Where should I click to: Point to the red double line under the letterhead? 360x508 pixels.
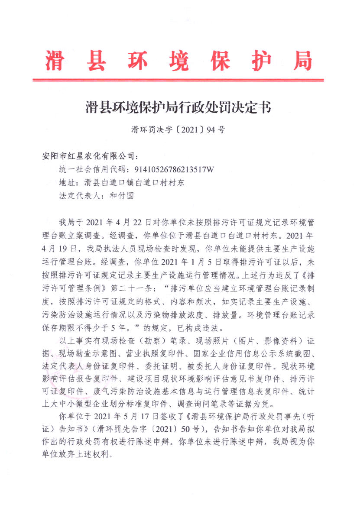[178, 80]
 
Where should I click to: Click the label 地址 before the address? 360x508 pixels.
[66, 182]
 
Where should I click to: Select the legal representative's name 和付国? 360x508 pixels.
[123, 195]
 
